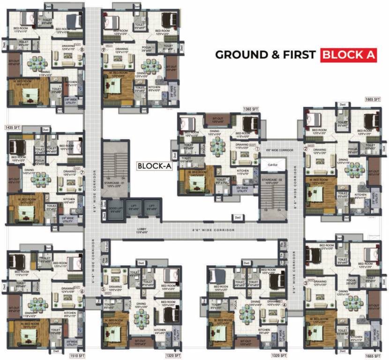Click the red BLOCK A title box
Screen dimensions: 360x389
point(349,55)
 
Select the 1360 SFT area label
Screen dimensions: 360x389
point(251,109)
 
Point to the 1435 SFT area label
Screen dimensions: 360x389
point(13,127)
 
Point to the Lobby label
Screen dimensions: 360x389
point(142,230)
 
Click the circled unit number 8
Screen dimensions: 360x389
point(82,49)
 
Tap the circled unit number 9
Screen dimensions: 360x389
point(103,49)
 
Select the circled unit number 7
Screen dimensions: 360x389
point(82,172)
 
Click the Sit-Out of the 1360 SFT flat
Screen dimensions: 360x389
point(217,120)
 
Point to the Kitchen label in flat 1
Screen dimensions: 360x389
point(242,172)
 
